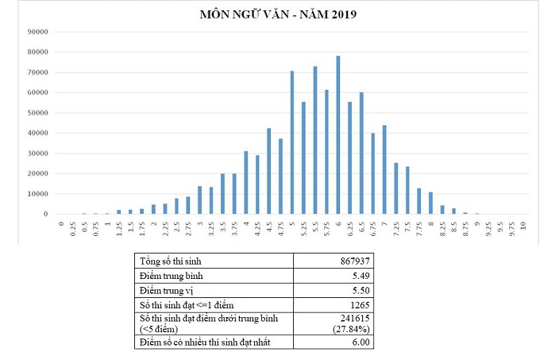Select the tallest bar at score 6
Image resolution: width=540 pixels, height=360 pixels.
coord(337,135)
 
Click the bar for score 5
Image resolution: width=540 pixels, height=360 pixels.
coord(292,143)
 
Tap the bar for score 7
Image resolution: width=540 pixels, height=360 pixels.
coord(384,169)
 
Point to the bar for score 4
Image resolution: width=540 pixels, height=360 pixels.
coord(246,182)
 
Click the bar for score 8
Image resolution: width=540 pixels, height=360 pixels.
coord(430,203)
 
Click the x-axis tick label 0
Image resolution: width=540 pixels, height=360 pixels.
coord(61,225)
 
